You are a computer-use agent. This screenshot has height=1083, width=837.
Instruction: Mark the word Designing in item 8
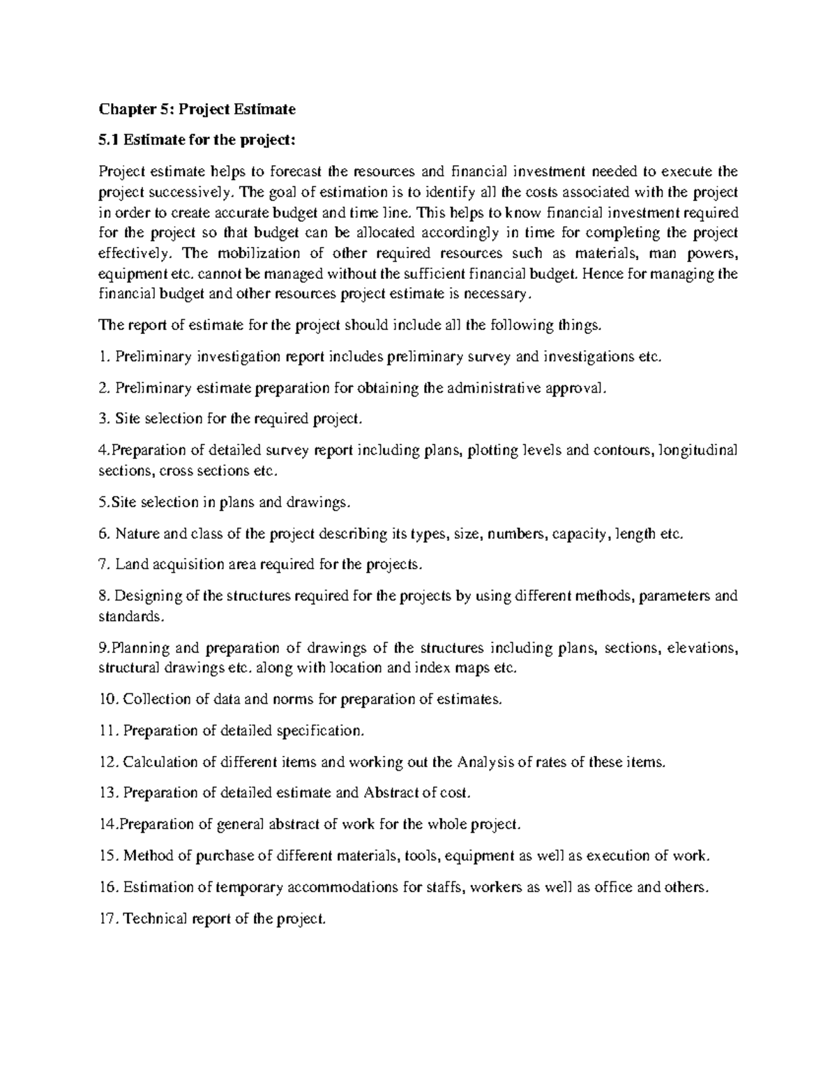point(148,596)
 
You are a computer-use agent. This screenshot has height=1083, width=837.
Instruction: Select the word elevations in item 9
point(700,648)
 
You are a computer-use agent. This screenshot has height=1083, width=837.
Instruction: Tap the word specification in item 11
point(319,731)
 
